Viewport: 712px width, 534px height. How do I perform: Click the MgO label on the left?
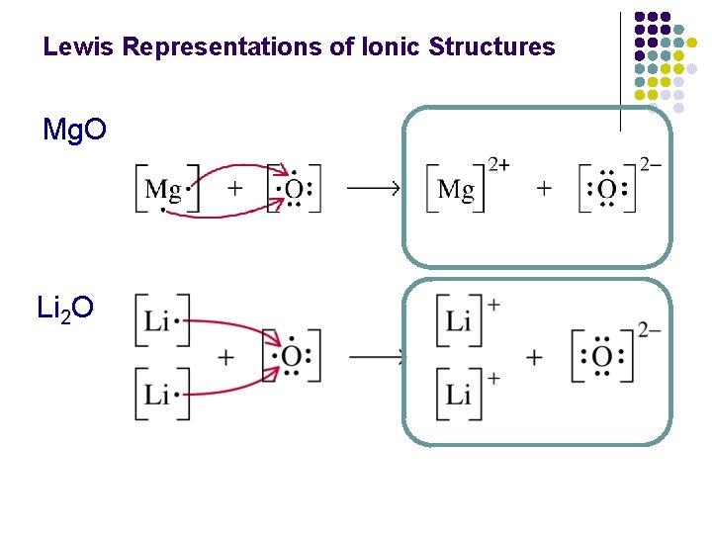pos(74,130)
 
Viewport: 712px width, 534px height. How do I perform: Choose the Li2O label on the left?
pos(65,309)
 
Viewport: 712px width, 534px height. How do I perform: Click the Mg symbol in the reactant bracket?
pos(163,188)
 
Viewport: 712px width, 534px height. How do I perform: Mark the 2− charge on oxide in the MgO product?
pos(650,164)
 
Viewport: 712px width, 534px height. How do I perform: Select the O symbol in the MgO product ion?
pos(607,189)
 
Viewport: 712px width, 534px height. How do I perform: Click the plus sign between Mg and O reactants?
pos(234,188)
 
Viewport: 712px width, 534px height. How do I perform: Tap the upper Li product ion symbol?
pos(458,320)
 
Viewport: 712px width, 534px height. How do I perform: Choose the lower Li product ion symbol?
pos(458,395)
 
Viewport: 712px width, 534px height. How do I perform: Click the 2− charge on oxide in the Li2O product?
pos(650,330)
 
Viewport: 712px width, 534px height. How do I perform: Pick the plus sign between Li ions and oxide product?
pos(535,357)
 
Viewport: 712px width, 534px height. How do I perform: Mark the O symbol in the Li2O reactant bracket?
pos(291,356)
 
